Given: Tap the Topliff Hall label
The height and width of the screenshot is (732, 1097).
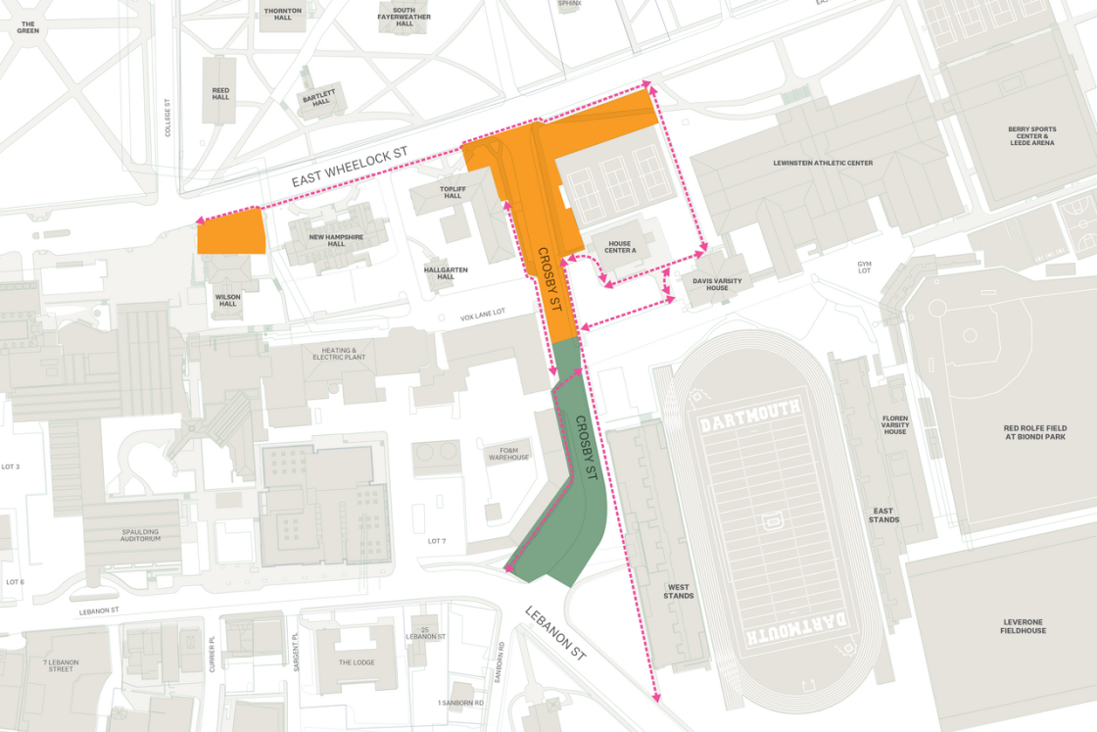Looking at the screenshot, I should point(452,192).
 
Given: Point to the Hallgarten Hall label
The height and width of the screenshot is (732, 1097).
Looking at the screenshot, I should point(446,272).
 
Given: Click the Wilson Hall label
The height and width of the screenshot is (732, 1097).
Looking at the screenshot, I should point(227,300).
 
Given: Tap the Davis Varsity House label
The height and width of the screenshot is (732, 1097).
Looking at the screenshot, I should point(717,284).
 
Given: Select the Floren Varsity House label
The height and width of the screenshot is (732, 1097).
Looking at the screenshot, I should point(894,423).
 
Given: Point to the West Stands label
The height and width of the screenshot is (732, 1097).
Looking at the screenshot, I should point(678,592).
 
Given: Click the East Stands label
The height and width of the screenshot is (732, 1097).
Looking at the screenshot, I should point(883,514).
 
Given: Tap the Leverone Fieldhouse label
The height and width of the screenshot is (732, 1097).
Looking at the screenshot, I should point(1025,625).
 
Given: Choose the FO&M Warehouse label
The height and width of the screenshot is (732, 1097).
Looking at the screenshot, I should point(507,454).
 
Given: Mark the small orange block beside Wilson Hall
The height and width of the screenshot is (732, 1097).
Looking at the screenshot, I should point(231,232).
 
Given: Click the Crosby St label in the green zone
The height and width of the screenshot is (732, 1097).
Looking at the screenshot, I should point(585,448).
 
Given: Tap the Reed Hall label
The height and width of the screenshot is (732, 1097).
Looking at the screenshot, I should point(220,93).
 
